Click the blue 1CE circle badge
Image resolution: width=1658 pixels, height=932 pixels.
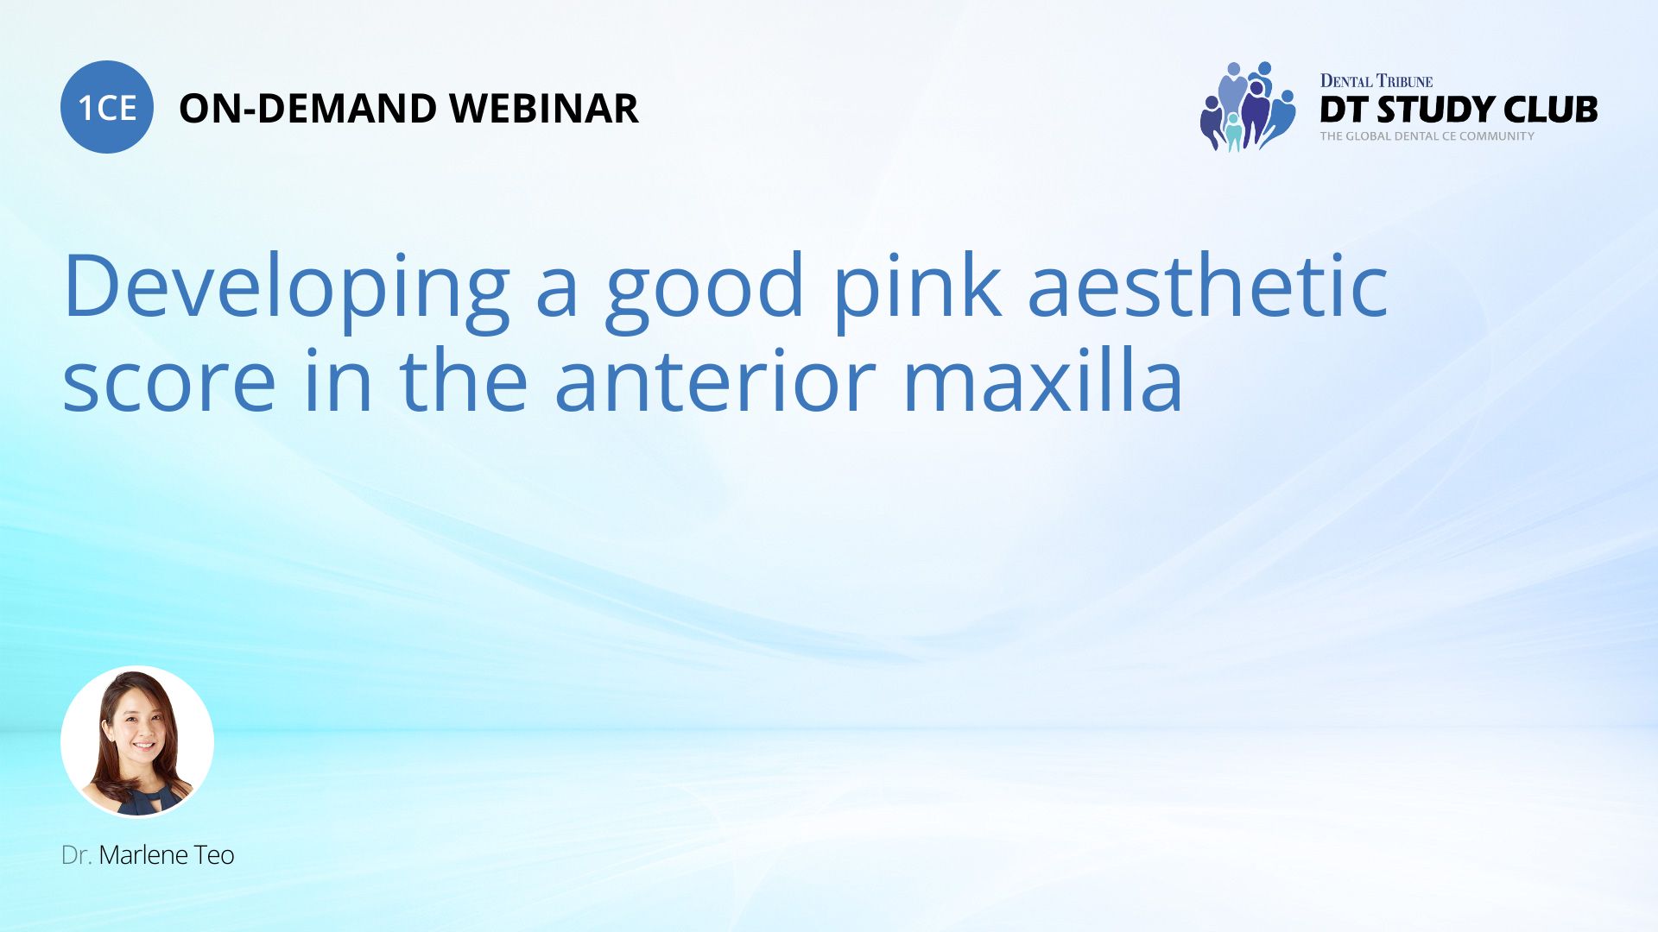point(107,107)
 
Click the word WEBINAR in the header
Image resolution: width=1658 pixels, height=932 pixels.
point(543,109)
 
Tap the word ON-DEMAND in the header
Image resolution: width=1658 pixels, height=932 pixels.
point(307,109)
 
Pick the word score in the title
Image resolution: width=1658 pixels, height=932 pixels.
point(169,381)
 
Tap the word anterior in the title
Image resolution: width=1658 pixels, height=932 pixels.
point(715,381)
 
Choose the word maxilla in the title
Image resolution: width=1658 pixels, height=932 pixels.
point(1042,381)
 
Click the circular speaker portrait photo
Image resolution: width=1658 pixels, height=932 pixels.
point(137,741)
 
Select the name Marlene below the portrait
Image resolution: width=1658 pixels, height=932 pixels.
point(143,855)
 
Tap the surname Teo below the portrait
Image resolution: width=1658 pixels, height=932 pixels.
point(214,855)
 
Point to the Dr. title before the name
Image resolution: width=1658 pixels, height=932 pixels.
point(76,855)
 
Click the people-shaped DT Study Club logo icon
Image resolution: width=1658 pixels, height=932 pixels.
point(1247,107)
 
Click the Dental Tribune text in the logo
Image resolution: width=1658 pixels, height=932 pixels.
point(1376,81)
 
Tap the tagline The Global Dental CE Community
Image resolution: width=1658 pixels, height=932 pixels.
point(1427,136)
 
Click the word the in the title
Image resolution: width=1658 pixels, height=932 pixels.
point(463,381)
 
